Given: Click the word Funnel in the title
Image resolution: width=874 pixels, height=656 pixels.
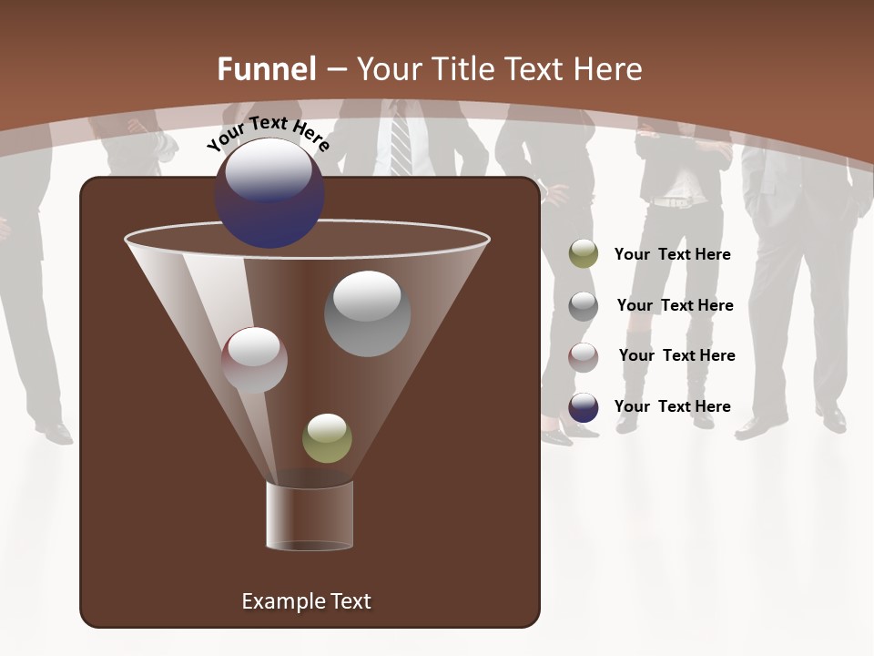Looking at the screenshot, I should click(267, 69).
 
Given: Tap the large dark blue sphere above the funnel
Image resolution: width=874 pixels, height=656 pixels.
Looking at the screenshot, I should click(269, 193).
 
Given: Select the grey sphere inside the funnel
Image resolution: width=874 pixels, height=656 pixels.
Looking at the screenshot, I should click(367, 313).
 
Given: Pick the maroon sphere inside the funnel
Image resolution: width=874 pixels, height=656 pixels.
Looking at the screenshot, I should click(254, 360).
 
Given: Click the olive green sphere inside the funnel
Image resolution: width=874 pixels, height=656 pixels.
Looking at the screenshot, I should click(327, 438).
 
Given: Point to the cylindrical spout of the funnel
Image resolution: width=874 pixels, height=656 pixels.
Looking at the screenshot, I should click(310, 516).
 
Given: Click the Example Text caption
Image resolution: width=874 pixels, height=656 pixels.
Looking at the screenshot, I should click(306, 601).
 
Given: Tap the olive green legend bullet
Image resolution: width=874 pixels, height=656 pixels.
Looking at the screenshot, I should click(584, 254).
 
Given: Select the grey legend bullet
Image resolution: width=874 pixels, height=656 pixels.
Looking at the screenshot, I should click(584, 305).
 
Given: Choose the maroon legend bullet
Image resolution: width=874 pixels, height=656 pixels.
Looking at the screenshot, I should click(584, 356).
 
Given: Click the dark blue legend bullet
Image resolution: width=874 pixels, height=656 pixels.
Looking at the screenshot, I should click(584, 407).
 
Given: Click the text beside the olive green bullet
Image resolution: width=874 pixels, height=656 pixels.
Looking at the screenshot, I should click(673, 255).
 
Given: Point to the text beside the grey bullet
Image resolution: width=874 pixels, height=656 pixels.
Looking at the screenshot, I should click(676, 306).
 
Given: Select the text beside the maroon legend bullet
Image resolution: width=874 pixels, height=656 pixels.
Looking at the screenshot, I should click(677, 356).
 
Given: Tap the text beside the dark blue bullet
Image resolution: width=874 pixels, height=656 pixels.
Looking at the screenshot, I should click(673, 407).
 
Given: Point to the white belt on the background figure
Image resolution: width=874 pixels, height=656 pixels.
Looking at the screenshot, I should click(675, 201).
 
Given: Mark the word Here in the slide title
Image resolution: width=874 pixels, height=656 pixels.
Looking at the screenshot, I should click(609, 69).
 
